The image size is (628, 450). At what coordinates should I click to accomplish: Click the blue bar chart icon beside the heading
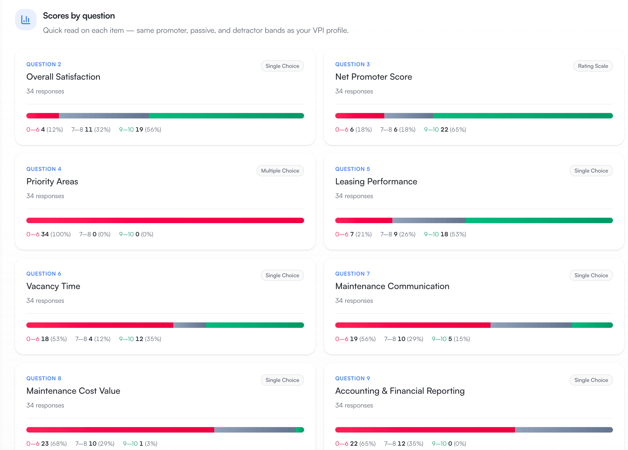pyautogui.click(x=26, y=20)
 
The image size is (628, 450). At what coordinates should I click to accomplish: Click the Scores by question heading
pyautogui.click(x=79, y=16)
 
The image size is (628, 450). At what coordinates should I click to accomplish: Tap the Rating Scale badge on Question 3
pyautogui.click(x=592, y=66)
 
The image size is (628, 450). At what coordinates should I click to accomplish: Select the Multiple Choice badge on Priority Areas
pyautogui.click(x=280, y=171)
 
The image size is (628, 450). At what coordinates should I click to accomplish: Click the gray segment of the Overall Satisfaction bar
pyautogui.click(x=104, y=116)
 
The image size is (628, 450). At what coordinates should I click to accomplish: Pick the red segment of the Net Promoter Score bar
pyautogui.click(x=359, y=116)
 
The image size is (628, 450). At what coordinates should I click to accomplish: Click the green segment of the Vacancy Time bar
pyautogui.click(x=255, y=325)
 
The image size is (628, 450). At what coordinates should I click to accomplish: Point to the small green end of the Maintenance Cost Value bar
pyautogui.click(x=300, y=430)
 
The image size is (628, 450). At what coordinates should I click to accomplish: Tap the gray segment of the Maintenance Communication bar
pyautogui.click(x=531, y=325)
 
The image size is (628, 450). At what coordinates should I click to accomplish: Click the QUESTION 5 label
pyautogui.click(x=352, y=169)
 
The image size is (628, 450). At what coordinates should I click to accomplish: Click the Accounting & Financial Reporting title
pyautogui.click(x=400, y=391)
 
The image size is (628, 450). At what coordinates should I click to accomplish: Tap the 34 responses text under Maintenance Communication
pyautogui.click(x=354, y=301)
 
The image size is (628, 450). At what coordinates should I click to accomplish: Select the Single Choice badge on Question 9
pyautogui.click(x=591, y=380)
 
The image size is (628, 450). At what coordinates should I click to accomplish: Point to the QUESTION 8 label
pyautogui.click(x=44, y=378)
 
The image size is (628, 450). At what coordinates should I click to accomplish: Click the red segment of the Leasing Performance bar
pyautogui.click(x=364, y=220)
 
